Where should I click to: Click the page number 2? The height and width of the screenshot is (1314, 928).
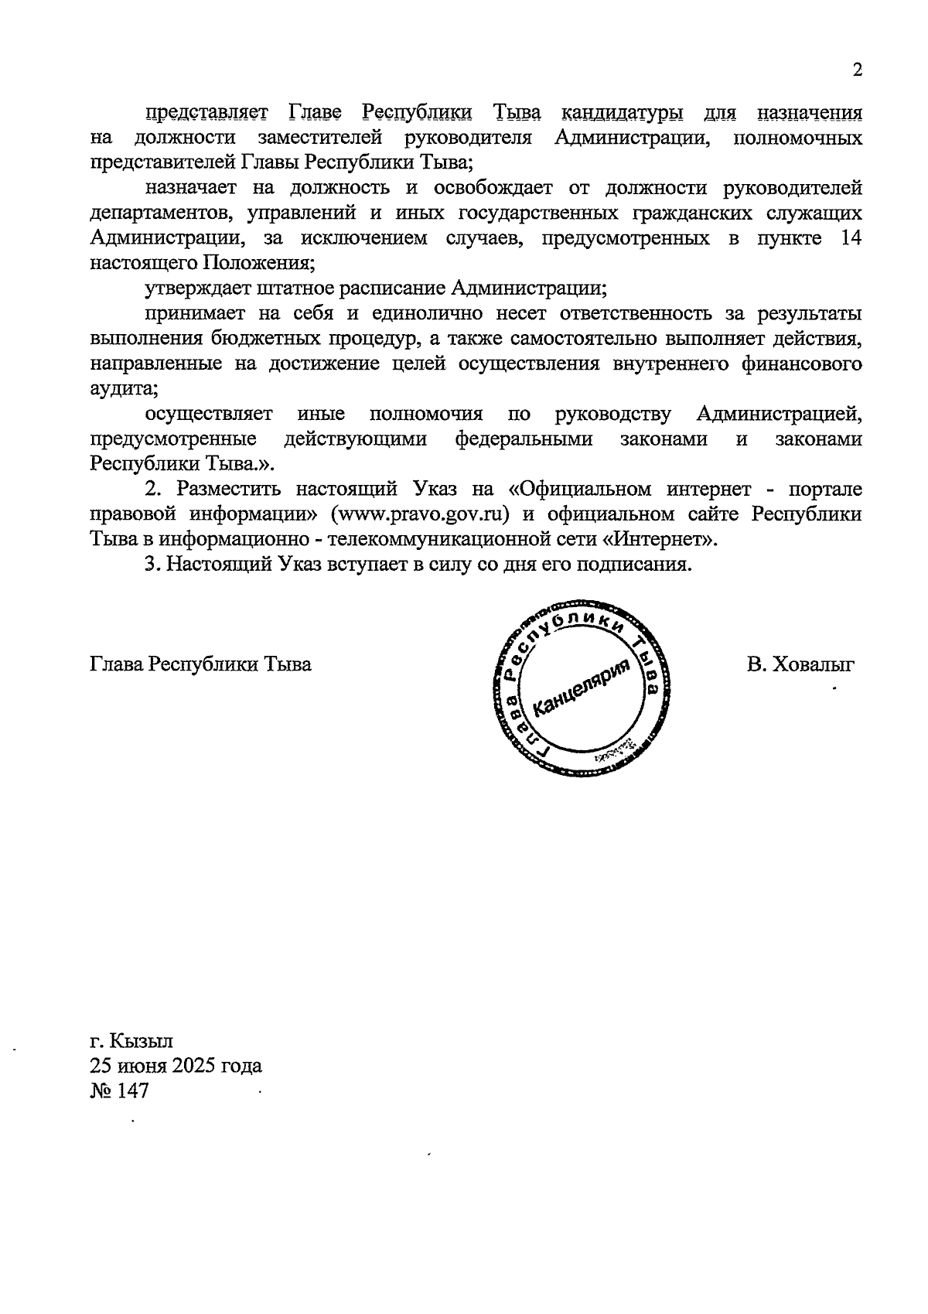click(x=856, y=70)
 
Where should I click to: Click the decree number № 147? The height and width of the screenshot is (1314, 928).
click(x=119, y=1090)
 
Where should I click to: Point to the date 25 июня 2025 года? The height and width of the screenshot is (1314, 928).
click(x=176, y=1066)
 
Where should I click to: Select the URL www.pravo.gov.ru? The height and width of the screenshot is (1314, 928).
click(x=418, y=514)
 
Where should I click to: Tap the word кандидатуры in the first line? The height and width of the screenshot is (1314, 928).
click(x=621, y=114)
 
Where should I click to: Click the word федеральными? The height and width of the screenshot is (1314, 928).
click(x=524, y=439)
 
